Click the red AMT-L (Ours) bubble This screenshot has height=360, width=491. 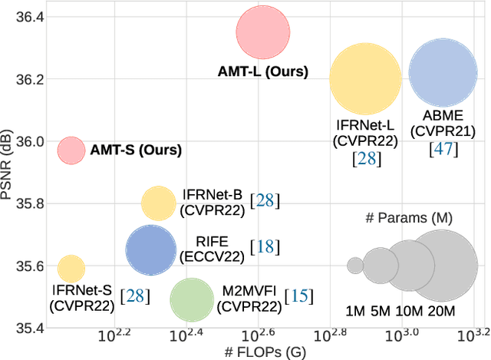[x=263, y=32]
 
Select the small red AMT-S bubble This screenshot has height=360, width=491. [x=71, y=150]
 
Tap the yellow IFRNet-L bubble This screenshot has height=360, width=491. [x=365, y=78]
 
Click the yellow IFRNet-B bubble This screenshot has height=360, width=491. [x=159, y=203]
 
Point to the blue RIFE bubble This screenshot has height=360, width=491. [x=151, y=249]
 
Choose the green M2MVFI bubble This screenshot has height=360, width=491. [x=191, y=299]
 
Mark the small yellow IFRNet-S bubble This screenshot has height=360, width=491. [x=71, y=268]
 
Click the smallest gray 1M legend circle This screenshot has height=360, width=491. [x=354, y=266]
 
